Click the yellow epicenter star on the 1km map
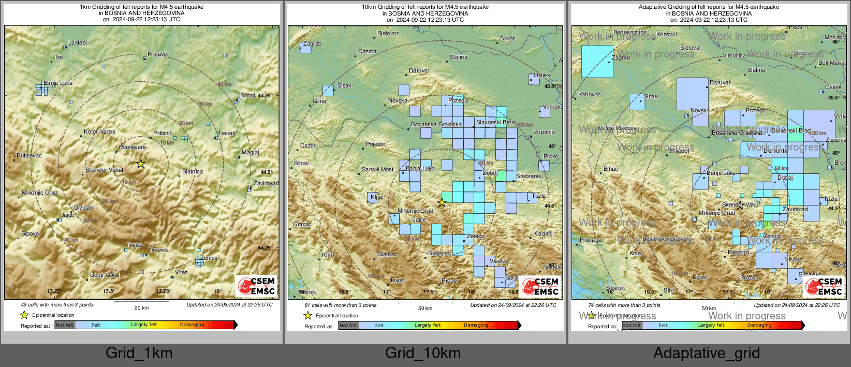point(141,164)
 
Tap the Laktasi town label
point(78,42)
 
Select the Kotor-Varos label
point(99,131)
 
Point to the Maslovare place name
point(133,147)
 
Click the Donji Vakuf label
point(105,275)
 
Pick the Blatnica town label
point(193,171)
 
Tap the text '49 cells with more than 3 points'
point(57,305)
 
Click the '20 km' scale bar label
point(141,307)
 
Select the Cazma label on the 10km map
point(367,51)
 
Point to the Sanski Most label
point(378,169)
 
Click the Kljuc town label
point(377,197)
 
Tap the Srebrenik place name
point(529,176)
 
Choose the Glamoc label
point(387,254)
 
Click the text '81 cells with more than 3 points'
point(341,305)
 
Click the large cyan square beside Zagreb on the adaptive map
point(597,61)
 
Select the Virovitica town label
point(734,55)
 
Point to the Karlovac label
point(590,94)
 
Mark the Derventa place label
point(775,151)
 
